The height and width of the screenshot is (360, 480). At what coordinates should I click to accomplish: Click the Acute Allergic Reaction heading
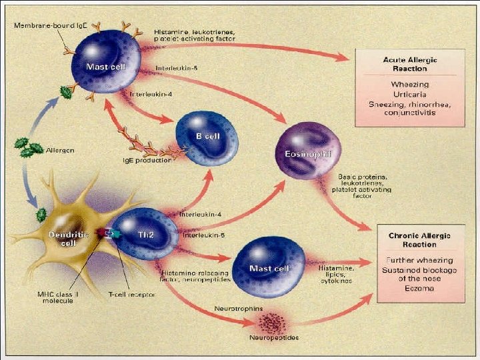[x=410, y=64]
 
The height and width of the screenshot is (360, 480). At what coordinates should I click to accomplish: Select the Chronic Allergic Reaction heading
[x=419, y=240]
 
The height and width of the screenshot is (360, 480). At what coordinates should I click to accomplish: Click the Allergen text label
[x=60, y=151]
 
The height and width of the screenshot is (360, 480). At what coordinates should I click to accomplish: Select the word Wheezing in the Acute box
[x=410, y=85]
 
